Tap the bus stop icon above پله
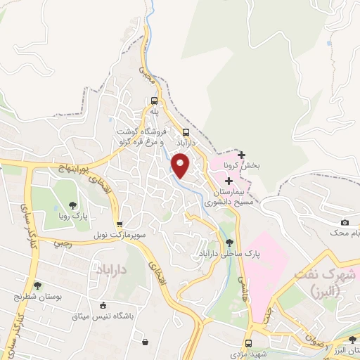[154, 101]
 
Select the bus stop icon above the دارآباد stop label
[186, 132]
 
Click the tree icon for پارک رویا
[73, 205]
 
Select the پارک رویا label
[73, 218]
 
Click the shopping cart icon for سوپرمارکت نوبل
[120, 224]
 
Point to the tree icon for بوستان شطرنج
[37, 286]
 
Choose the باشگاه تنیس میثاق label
[98, 316]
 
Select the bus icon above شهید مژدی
[247, 344]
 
